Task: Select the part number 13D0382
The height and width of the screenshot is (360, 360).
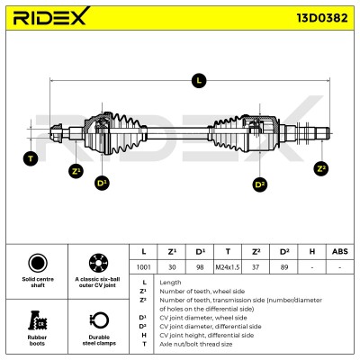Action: click(x=322, y=18)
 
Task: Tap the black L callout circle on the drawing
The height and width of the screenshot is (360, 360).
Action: click(x=199, y=80)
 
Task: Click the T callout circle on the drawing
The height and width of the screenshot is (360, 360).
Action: click(x=31, y=158)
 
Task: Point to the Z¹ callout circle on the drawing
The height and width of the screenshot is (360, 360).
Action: click(x=76, y=171)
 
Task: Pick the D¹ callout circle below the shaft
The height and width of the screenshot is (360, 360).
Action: click(x=102, y=183)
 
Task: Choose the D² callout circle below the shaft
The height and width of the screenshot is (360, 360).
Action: click(x=260, y=184)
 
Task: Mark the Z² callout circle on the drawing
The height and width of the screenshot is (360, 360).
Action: click(x=321, y=168)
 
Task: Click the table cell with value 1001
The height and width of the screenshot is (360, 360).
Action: click(x=143, y=267)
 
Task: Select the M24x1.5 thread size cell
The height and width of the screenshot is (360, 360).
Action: click(x=228, y=267)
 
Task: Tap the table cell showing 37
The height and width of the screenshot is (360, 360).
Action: click(x=256, y=267)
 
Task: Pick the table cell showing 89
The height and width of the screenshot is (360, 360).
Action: click(x=283, y=267)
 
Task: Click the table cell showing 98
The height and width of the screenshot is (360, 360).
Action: click(x=200, y=267)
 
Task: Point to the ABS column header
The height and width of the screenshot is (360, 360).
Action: click(x=340, y=252)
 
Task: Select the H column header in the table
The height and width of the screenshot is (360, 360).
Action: click(x=312, y=252)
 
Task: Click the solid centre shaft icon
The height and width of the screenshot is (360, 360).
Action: click(x=38, y=263)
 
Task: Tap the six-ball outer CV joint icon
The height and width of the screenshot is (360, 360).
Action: click(x=99, y=263)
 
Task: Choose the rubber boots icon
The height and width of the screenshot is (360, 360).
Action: click(x=38, y=320)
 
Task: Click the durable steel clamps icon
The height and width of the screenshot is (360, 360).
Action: click(x=99, y=321)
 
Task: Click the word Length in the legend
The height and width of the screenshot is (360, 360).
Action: click(x=170, y=283)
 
